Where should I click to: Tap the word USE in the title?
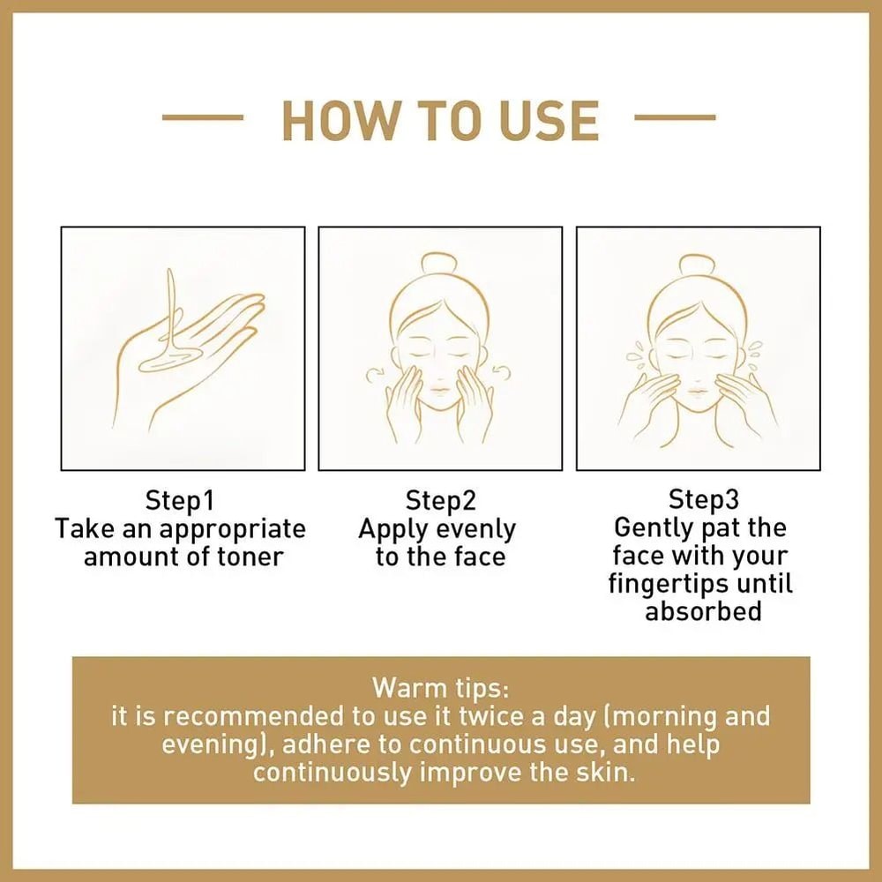[547, 121]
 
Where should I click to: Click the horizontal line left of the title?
[203, 116]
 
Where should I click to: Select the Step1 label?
[180, 501]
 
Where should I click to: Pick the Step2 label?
[440, 501]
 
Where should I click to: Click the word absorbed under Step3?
[703, 611]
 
